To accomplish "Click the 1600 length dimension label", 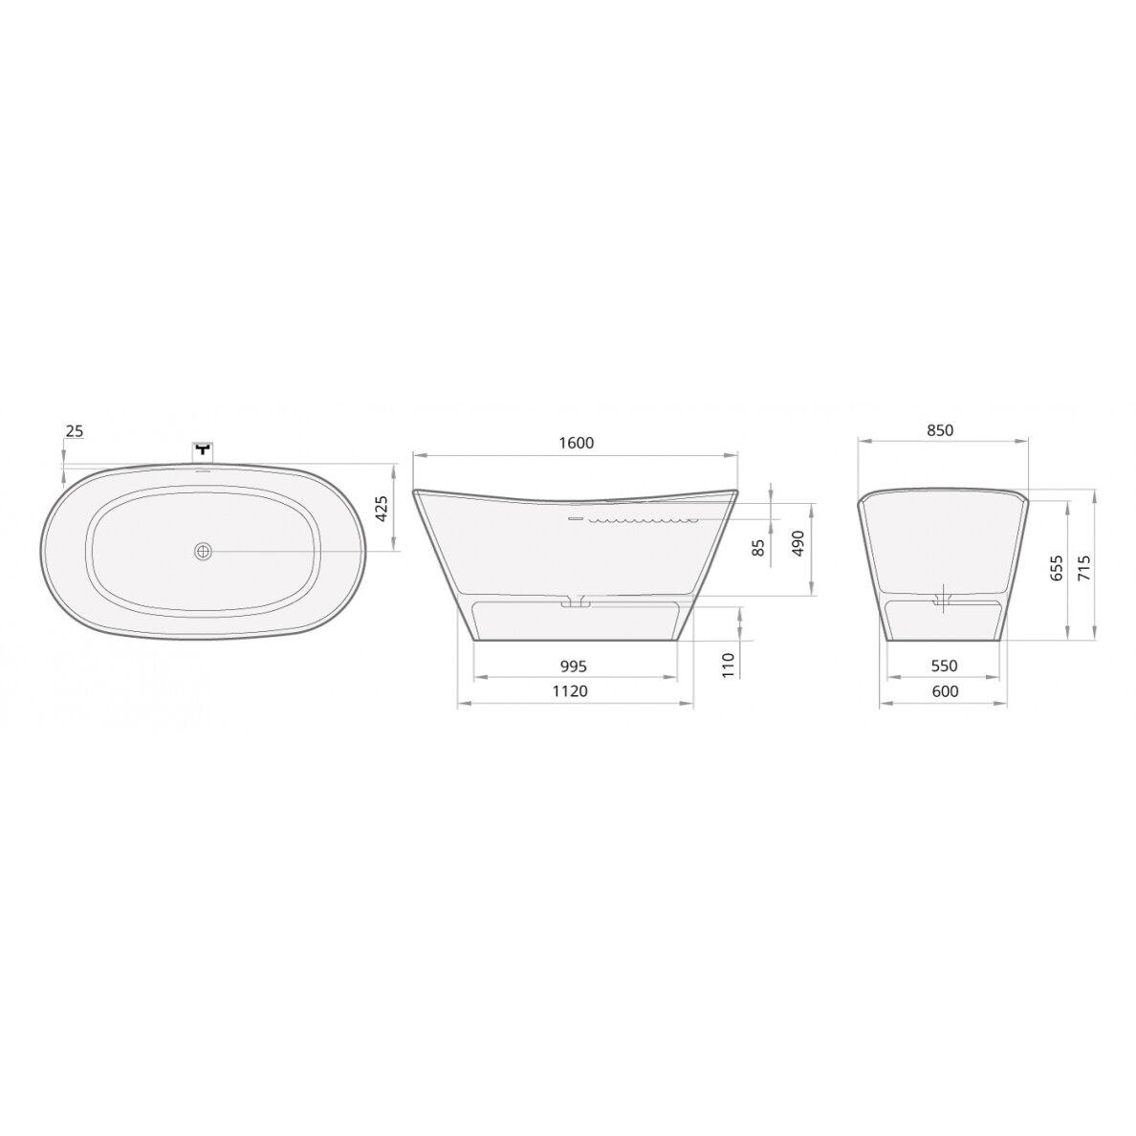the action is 577,443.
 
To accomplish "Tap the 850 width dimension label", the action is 940,429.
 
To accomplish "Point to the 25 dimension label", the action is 75,431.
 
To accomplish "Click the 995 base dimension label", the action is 573,666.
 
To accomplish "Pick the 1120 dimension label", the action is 570,691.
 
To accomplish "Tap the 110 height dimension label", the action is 728,665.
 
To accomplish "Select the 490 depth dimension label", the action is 797,542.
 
